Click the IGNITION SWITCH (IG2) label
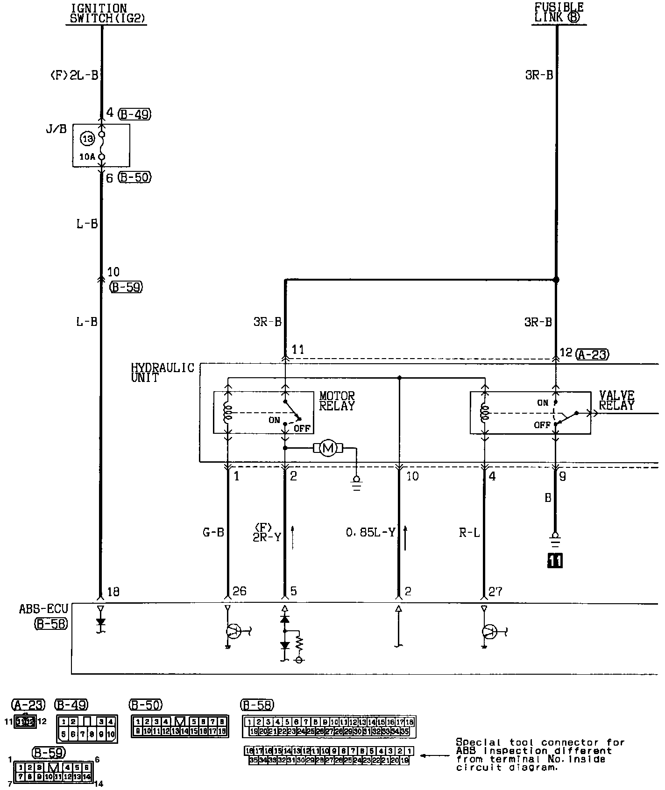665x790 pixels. pos(106,14)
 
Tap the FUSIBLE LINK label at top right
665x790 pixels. pos(559,13)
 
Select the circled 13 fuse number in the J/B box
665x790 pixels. pos(87,138)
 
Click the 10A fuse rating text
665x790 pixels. pos(87,157)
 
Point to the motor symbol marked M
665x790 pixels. pos(328,449)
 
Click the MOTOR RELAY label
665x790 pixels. pos(337,401)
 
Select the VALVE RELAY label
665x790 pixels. pos(616,401)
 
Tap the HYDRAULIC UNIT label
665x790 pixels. pos(162,373)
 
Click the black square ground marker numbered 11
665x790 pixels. pos(555,560)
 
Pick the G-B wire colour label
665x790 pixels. pos(213,532)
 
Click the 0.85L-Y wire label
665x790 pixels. pos(371,532)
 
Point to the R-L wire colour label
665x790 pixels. pos(469,532)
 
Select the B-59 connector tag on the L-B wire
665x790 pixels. pos(126,287)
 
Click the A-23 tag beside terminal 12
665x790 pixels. pos(592,354)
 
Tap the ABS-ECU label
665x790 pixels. pos(43,609)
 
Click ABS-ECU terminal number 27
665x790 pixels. pos(495,592)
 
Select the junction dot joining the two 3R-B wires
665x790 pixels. pos(556,280)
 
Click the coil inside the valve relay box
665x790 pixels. pos(485,413)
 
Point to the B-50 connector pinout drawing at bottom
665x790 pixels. pos(180,726)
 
